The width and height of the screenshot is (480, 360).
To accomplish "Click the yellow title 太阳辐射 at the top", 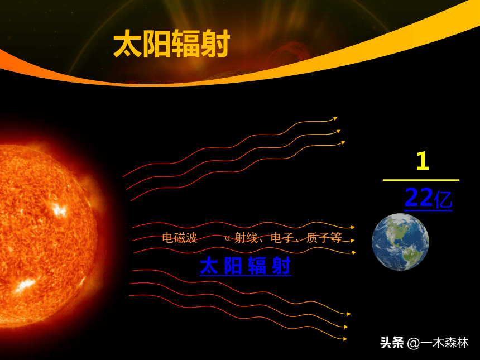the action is [171, 43].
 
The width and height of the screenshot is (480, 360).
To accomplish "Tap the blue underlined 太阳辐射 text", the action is [245, 266].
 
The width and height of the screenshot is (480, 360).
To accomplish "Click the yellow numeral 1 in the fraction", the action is [423, 161].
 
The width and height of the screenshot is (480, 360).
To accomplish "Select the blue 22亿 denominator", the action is [428, 198].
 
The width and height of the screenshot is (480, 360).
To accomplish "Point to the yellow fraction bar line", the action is [421, 180].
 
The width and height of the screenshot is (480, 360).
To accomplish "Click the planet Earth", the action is [400, 242].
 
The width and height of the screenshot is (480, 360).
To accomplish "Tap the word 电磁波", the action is [179, 238].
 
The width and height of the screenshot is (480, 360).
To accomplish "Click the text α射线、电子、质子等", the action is [283, 238].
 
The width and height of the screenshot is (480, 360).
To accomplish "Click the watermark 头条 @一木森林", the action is [424, 343].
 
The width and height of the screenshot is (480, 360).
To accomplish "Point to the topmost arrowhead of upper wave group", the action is [335, 118].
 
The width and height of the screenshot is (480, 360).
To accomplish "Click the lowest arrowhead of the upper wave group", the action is [343, 142].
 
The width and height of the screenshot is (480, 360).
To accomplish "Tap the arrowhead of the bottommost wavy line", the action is [345, 339].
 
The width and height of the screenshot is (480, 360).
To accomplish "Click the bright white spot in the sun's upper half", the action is [59, 210].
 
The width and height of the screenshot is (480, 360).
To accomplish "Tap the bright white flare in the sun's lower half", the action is [25, 285].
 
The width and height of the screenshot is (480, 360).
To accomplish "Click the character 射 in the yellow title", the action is [215, 43].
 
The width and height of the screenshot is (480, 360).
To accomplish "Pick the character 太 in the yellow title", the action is [128, 43].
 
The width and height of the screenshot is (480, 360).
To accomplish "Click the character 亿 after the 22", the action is [443, 199].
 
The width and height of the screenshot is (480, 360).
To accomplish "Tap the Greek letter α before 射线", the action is [228, 238].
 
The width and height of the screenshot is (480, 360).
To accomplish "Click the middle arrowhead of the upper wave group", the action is [339, 131].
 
